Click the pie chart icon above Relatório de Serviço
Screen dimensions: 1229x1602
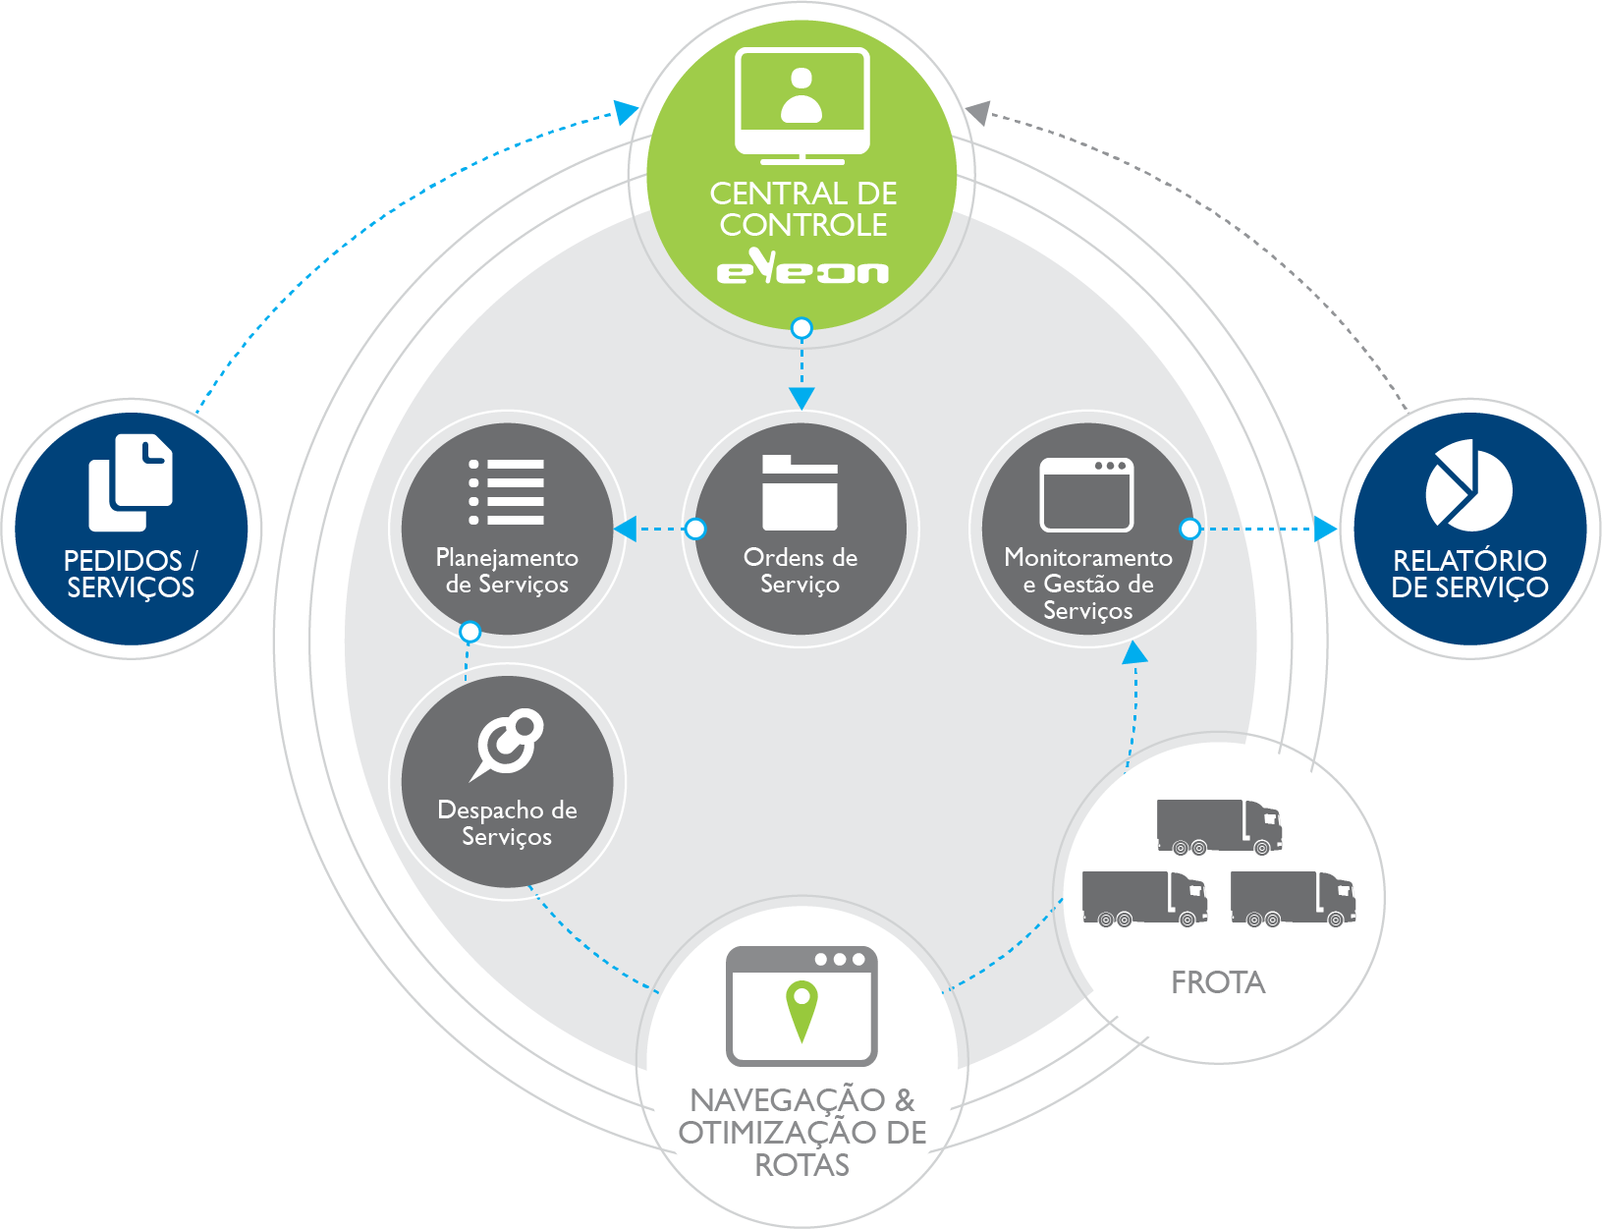(1468, 483)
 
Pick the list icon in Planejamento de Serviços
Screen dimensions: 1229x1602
(507, 491)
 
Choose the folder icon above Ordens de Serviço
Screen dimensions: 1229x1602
(800, 492)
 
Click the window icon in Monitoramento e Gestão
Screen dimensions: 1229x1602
(1086, 494)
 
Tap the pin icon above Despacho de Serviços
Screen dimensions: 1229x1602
(507, 744)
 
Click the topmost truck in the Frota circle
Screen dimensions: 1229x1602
(1218, 826)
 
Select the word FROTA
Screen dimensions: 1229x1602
(1218, 982)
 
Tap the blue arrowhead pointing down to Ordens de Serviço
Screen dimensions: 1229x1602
(801, 398)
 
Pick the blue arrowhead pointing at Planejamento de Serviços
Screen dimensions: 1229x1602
(626, 530)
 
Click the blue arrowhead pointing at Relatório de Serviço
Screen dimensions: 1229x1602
(1325, 530)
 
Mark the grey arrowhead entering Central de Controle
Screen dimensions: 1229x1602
(978, 112)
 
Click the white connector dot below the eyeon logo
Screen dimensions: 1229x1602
(801, 328)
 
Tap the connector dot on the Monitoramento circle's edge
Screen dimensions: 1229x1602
(1189, 530)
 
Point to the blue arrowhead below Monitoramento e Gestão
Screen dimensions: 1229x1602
(1134, 652)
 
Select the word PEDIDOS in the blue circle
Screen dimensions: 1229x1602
(123, 561)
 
